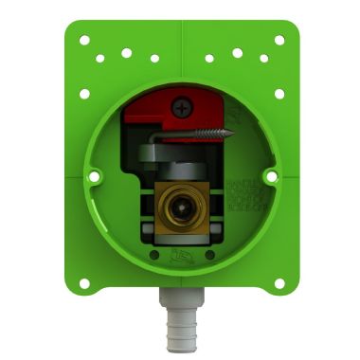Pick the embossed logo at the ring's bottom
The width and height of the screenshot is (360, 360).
coord(181,253)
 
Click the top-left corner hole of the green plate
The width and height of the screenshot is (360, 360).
coord(84,41)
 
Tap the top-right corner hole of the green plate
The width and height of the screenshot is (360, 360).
coord(279,41)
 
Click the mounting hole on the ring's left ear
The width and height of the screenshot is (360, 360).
coord(94,175)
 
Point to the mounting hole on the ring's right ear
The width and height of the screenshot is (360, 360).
coord(270,175)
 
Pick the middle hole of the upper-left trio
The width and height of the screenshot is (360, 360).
coord(126,52)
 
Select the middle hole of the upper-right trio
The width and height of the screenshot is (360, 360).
coord(237,52)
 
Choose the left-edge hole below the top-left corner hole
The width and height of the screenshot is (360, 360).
coord(84,94)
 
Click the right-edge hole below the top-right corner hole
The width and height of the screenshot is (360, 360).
coord(279,94)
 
